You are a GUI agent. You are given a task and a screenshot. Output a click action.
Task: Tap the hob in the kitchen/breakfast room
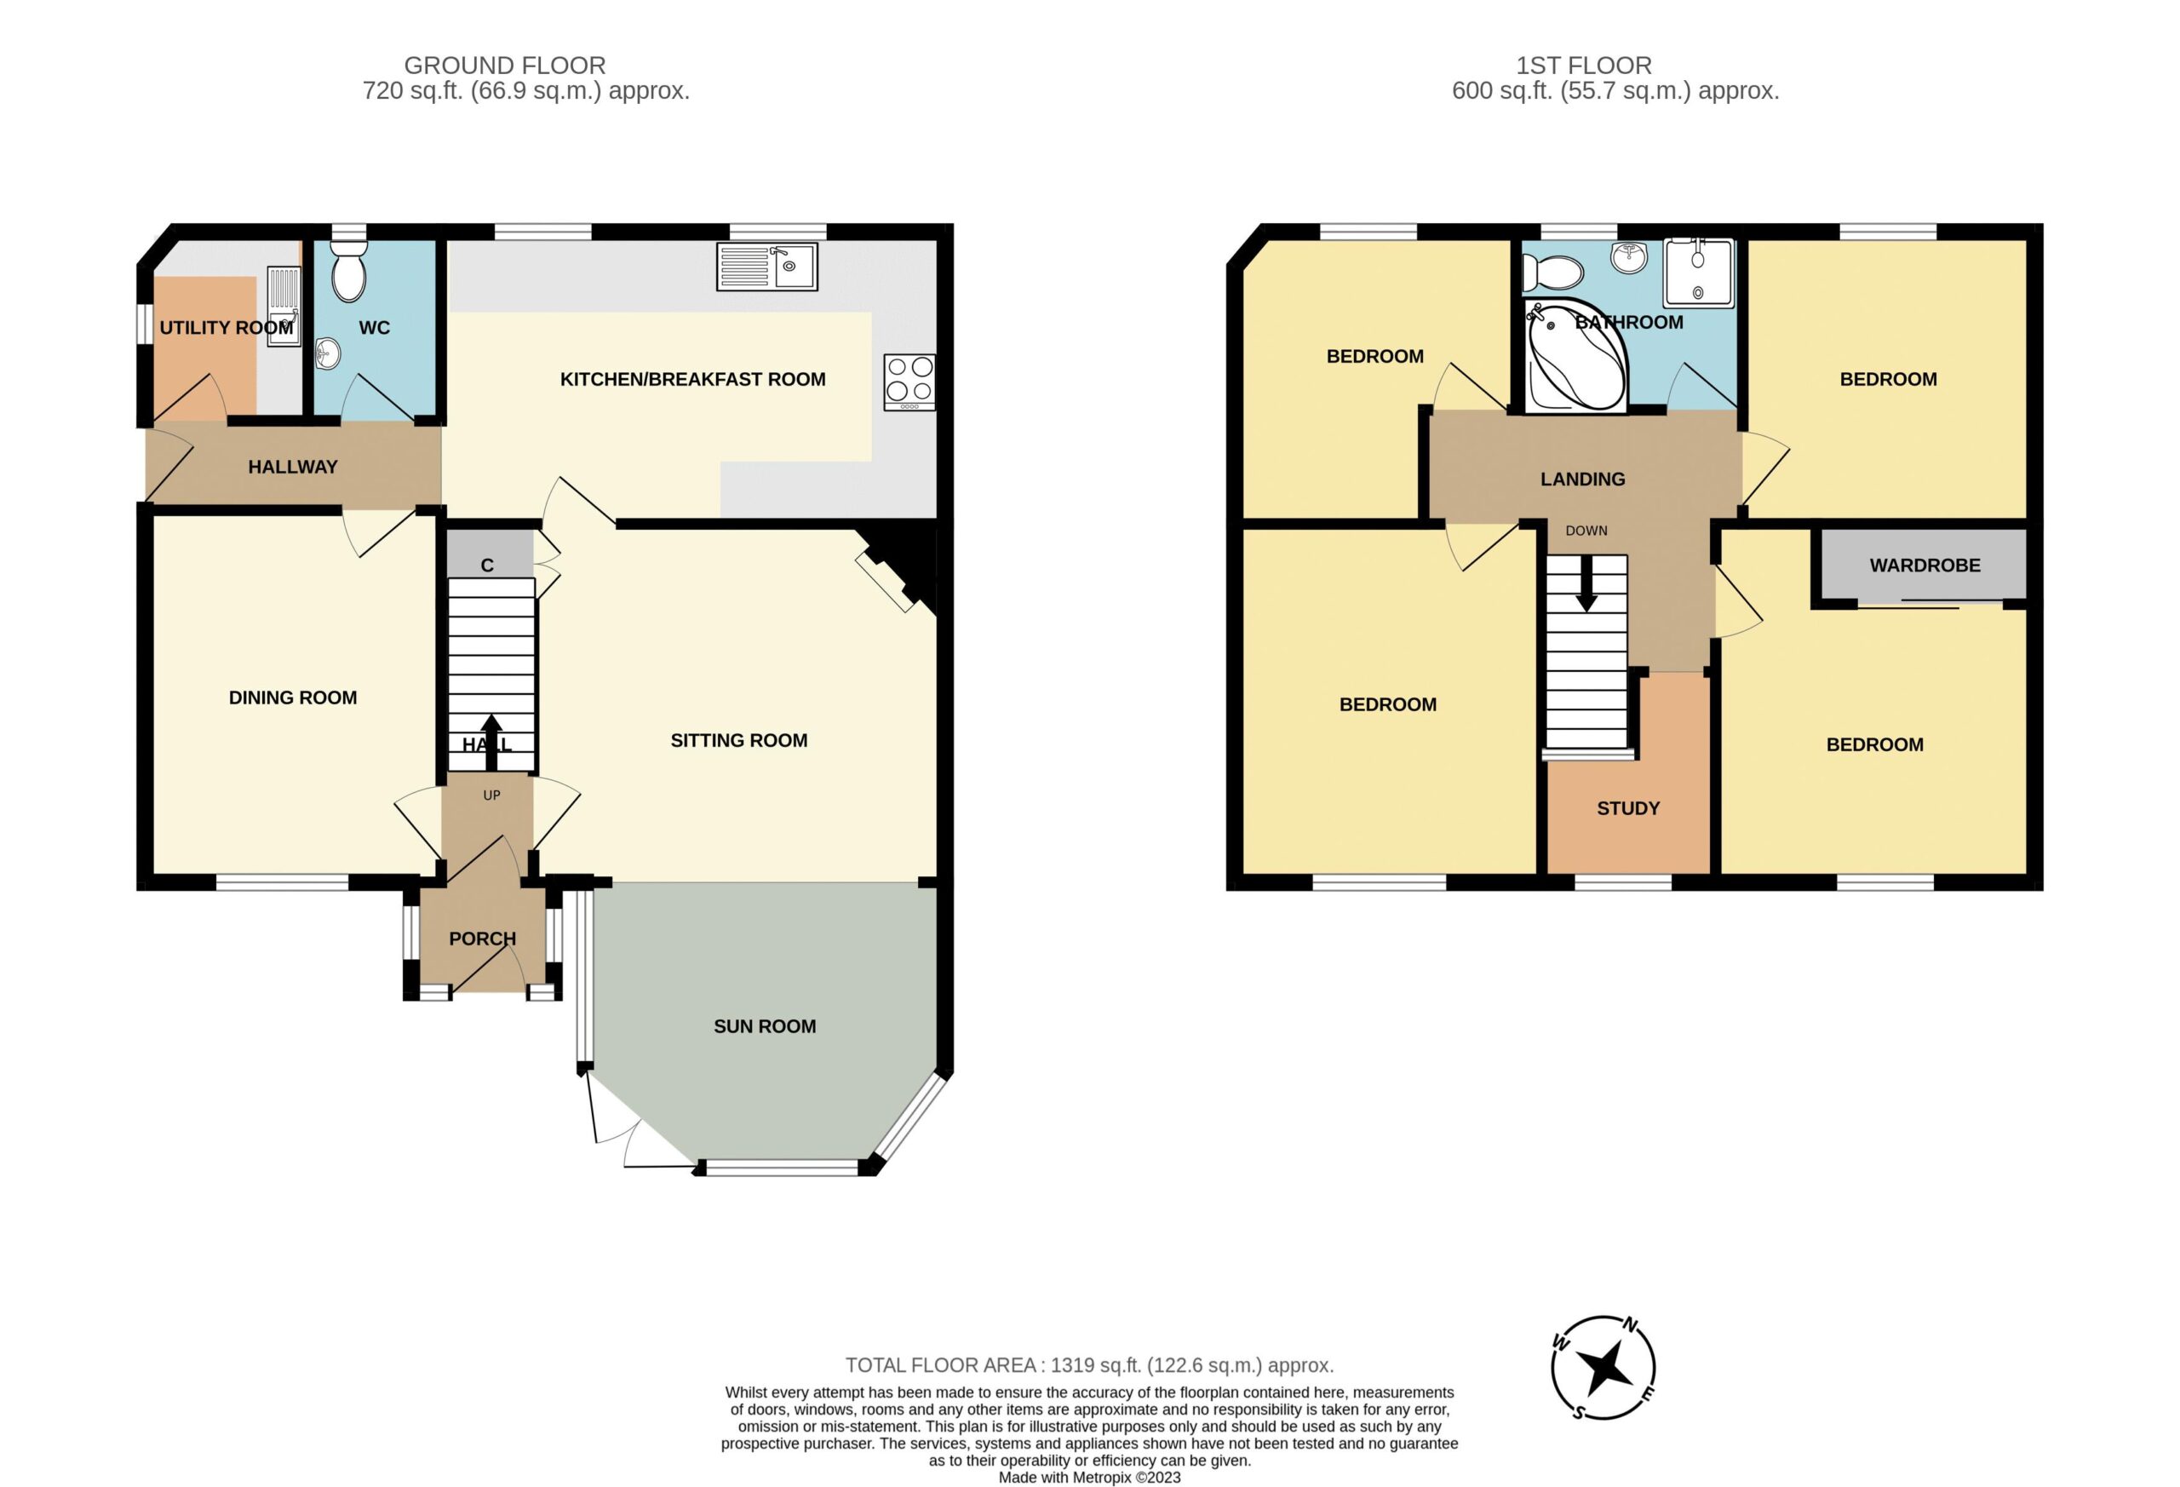pos(909,382)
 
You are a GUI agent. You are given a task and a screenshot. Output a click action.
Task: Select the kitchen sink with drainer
pos(766,266)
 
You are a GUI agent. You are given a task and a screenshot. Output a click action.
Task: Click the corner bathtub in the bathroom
pos(1577,355)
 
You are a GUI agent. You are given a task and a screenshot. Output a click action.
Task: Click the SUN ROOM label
pos(765,1026)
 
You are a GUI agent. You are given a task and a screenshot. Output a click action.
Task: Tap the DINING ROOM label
pos(293,697)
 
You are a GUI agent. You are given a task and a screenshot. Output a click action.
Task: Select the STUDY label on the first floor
pos(1628,807)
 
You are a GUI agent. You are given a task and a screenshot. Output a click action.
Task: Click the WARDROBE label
pos(1925,565)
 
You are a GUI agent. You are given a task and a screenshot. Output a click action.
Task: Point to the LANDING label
pos(1582,479)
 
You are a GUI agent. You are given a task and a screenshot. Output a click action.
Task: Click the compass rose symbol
pos(1603,1367)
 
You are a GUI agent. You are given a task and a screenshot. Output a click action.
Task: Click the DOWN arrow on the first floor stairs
pos(1586,583)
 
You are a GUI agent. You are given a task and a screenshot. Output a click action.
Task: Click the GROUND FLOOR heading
pos(505,66)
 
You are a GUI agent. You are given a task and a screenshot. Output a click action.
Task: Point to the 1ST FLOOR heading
pos(1583,66)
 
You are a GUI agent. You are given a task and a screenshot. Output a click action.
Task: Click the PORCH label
pos(482,939)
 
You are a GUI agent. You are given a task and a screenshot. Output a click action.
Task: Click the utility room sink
pos(284,306)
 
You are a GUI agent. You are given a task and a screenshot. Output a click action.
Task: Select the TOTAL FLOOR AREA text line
pos(1089,1365)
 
